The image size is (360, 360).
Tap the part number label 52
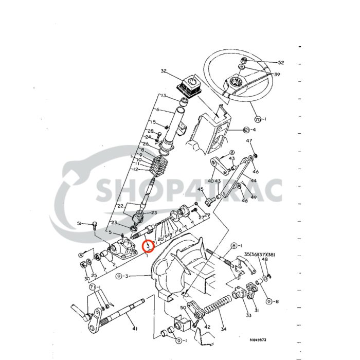point(281,62)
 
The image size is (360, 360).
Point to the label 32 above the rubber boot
point(164,71)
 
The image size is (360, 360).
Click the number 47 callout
point(250,141)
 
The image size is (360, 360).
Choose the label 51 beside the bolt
point(80,223)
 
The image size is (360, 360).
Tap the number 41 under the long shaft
point(135,329)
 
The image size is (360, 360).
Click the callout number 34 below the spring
point(223,330)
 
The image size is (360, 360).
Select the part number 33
point(248,315)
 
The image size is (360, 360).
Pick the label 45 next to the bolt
point(201,189)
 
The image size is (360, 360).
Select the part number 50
point(183,308)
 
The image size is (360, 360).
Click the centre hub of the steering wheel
point(237,81)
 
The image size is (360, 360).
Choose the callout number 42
point(207,327)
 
